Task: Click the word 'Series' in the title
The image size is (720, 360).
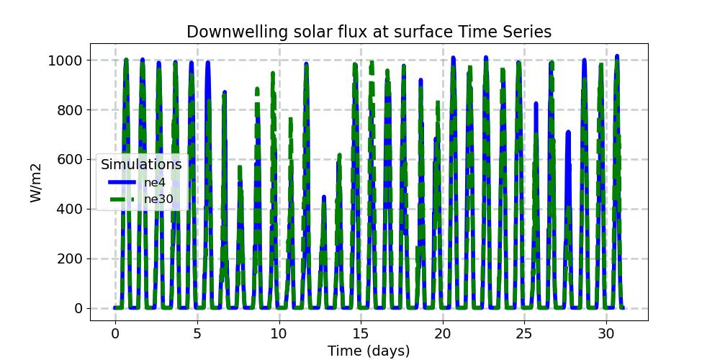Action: (526, 32)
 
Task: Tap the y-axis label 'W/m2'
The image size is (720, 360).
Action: (37, 184)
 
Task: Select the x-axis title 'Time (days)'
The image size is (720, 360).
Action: (369, 351)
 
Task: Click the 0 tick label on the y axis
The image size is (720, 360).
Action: (81, 309)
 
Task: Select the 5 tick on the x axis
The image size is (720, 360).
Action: (197, 333)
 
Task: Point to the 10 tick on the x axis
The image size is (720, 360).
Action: (279, 333)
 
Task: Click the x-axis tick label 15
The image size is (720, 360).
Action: (361, 333)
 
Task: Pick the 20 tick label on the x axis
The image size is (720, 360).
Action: (443, 333)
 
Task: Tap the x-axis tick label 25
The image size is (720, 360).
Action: (525, 333)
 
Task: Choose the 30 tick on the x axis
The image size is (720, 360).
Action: (606, 333)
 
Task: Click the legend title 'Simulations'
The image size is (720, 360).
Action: (141, 165)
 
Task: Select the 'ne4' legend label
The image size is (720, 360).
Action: (155, 182)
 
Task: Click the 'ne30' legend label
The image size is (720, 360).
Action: (158, 198)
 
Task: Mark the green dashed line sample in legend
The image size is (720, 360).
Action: (122, 198)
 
